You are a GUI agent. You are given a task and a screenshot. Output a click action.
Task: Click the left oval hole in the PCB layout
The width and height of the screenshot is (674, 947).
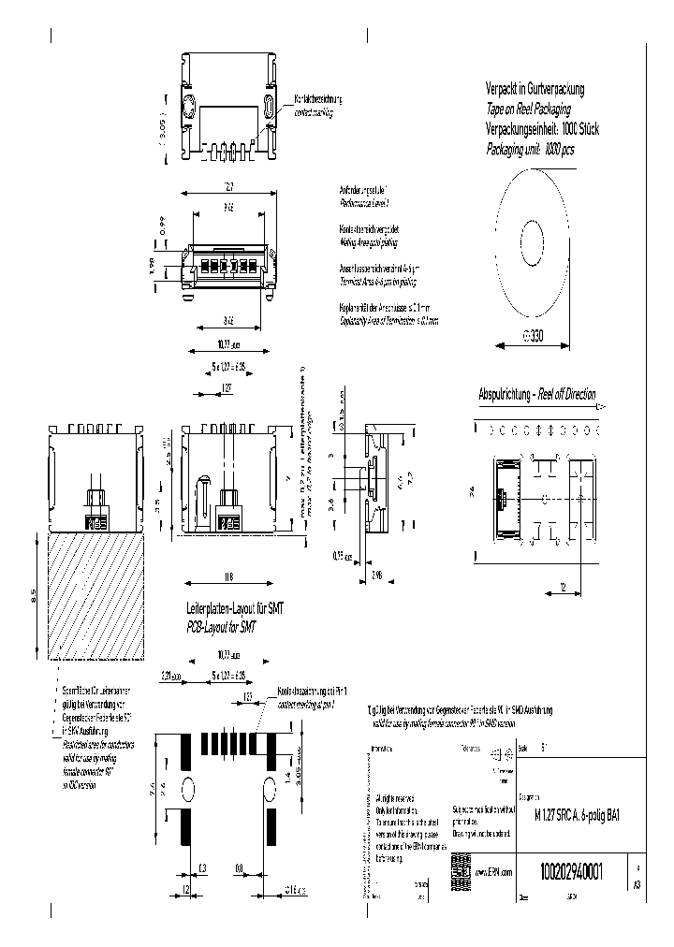point(187,789)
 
